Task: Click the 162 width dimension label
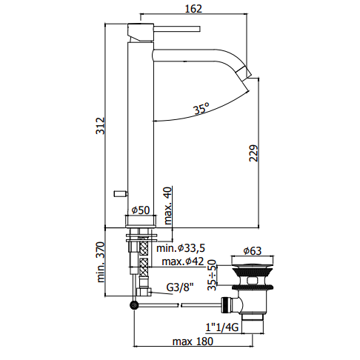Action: (x=193, y=9)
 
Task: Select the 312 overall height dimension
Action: (x=100, y=126)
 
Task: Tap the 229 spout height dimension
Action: (x=253, y=153)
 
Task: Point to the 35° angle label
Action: (x=201, y=108)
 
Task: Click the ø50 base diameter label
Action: (x=141, y=210)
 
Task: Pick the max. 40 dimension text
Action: (x=167, y=205)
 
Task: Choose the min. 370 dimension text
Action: (x=101, y=262)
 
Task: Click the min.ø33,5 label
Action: (x=181, y=248)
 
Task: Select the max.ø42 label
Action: (x=183, y=261)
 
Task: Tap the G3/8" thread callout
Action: (x=180, y=287)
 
